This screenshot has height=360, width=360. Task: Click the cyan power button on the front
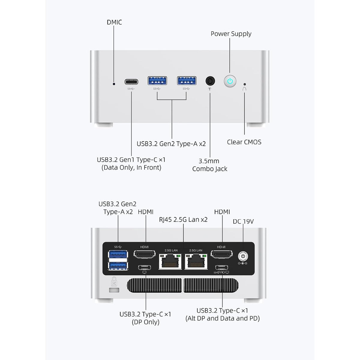pyautogui.click(x=230, y=81)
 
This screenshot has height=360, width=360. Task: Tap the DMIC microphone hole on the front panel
pyautogui.click(x=114, y=84)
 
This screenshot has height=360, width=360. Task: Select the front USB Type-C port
pyautogui.click(x=131, y=82)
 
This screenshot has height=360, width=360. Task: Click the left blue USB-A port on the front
pyautogui.click(x=157, y=81)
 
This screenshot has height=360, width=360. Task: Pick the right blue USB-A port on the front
pyautogui.click(x=187, y=81)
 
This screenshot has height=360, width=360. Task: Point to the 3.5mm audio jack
pyautogui.click(x=210, y=81)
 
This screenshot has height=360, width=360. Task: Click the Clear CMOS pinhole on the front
pyautogui.click(x=245, y=84)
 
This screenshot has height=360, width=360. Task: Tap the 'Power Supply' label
pyautogui.click(x=231, y=34)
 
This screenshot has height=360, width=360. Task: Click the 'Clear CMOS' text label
pyautogui.click(x=244, y=142)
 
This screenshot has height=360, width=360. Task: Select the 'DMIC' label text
pyautogui.click(x=114, y=22)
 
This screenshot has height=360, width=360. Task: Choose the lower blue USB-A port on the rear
pyautogui.click(x=118, y=266)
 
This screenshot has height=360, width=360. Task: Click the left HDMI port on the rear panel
pyautogui.click(x=145, y=254)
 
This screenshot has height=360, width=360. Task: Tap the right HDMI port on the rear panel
pyautogui.click(x=222, y=254)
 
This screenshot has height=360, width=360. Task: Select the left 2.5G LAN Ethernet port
pyautogui.click(x=170, y=261)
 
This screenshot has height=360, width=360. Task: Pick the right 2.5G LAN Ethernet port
pyautogui.click(x=196, y=261)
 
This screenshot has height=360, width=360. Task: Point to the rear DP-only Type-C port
pyautogui.click(x=145, y=268)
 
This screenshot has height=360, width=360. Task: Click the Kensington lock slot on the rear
pyautogui.click(x=114, y=290)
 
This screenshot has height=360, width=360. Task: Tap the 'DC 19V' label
pyautogui.click(x=243, y=222)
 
